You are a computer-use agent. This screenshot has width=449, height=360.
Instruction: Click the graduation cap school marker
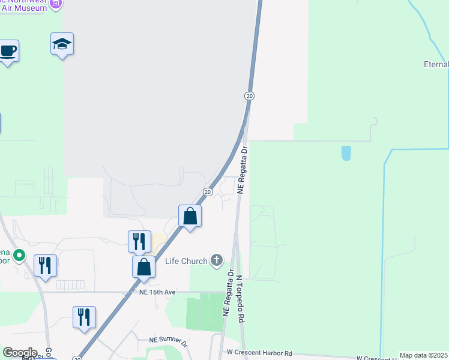(x=62, y=44)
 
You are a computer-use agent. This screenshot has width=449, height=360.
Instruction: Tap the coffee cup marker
(x=7, y=50)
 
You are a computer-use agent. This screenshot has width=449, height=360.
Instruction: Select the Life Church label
(x=186, y=261)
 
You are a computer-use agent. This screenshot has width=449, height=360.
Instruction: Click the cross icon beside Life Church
(x=217, y=260)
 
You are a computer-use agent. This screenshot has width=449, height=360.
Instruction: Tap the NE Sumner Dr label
(x=169, y=340)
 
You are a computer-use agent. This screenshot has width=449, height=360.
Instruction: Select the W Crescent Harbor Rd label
(x=259, y=353)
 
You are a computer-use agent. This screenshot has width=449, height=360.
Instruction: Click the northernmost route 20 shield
(x=250, y=96)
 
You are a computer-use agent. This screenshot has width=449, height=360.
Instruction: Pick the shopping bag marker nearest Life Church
(x=190, y=216)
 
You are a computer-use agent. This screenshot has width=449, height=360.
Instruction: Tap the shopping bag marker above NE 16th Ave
(x=144, y=267)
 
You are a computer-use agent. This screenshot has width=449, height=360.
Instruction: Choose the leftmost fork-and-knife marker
(x=46, y=265)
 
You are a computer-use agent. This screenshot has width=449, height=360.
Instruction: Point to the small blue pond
(x=346, y=153)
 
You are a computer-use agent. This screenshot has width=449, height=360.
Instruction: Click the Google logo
(x=19, y=353)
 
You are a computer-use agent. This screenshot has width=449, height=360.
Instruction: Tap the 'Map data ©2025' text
(x=424, y=355)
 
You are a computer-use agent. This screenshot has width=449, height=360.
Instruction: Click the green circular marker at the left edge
(x=19, y=256)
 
